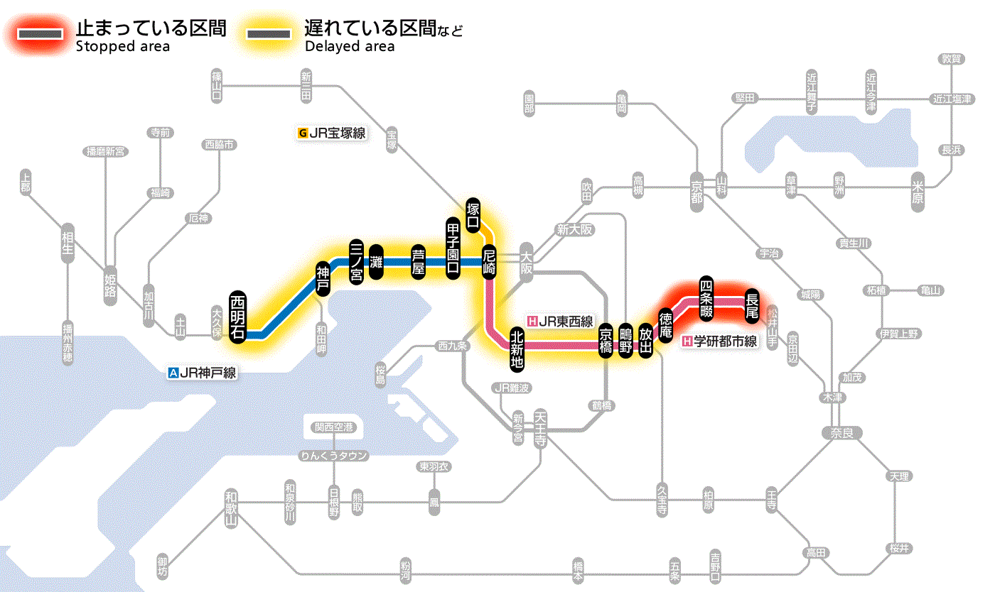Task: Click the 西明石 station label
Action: pos(238,317)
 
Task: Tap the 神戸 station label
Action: pos(323,278)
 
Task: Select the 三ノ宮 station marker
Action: pos(357,261)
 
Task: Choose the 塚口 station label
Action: pos(473,215)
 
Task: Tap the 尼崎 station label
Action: pos(489,261)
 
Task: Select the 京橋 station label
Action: pos(606,341)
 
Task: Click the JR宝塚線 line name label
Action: pos(333,132)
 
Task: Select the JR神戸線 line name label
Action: pos(202,372)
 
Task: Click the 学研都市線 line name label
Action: pos(720,341)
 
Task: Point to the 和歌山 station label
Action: pos(230,508)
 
